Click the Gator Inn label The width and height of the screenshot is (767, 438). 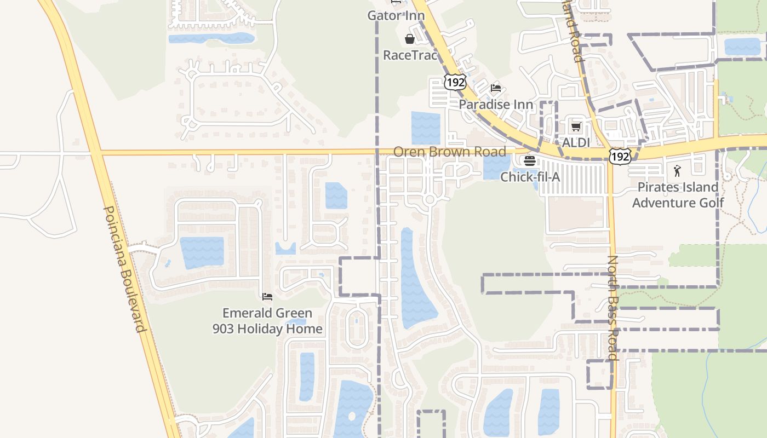point(396,15)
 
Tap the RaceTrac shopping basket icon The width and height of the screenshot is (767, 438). point(409,39)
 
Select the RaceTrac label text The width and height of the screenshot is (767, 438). point(410,55)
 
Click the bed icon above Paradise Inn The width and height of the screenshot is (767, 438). point(496,88)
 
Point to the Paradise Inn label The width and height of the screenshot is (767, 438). point(496,104)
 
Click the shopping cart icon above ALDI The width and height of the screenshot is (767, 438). point(576,127)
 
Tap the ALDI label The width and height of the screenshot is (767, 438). point(576,142)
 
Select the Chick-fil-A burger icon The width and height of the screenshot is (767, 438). point(530,161)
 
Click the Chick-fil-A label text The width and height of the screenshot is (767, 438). point(530,177)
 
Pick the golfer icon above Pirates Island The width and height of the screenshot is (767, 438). point(678,170)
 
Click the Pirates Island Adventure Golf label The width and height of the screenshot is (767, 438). point(678,195)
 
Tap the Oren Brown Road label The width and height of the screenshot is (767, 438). point(449,151)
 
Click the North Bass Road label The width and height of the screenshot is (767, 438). point(613,308)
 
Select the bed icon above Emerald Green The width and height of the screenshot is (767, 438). point(267,297)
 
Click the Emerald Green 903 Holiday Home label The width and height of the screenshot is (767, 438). point(267,321)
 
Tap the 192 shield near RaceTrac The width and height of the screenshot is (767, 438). point(455,82)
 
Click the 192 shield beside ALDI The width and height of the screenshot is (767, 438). point(620,155)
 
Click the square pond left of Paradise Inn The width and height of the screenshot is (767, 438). point(426,128)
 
